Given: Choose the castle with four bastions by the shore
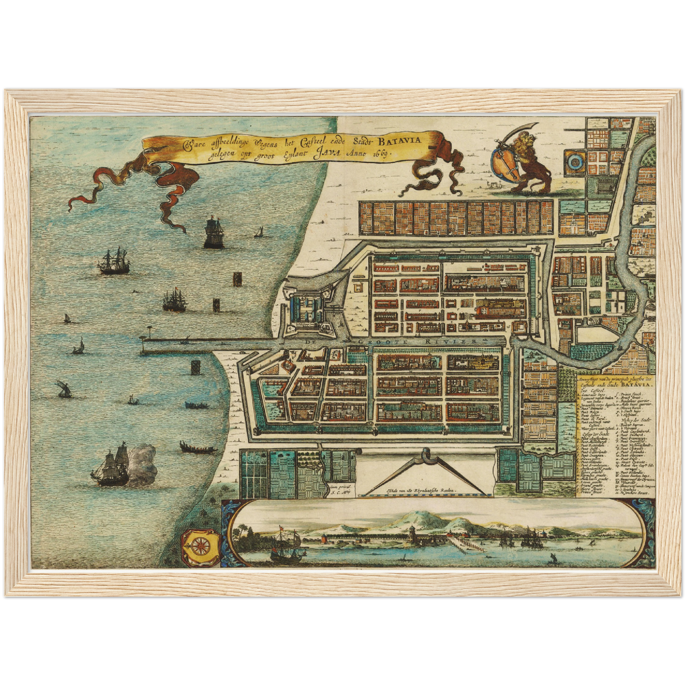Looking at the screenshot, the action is [x=306, y=308].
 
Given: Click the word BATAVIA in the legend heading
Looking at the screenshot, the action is [x=638, y=385].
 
